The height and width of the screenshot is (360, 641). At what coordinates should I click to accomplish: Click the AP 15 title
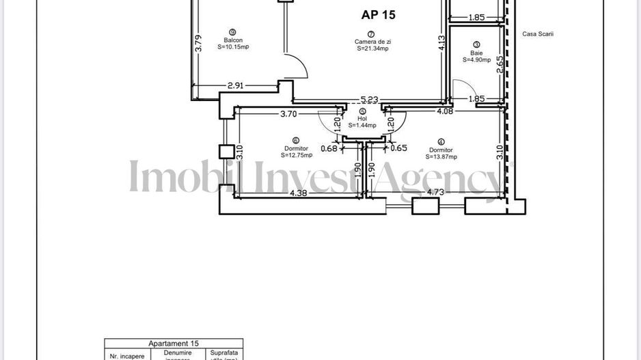tap(378, 14)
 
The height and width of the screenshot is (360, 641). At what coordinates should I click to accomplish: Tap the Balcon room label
tap(232, 40)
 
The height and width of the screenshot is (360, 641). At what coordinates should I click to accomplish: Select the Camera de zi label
tap(372, 42)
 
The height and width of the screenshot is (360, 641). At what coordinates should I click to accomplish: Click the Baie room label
tap(476, 53)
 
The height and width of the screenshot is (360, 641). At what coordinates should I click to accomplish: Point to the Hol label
tap(362, 118)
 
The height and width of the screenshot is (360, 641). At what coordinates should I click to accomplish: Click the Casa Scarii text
tap(537, 34)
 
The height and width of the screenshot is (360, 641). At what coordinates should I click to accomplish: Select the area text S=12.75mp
tap(297, 155)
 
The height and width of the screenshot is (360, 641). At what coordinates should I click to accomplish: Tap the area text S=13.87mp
tap(441, 156)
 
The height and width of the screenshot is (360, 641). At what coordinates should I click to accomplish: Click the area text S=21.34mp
tap(372, 49)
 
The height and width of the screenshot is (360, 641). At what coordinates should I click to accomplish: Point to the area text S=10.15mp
tap(232, 48)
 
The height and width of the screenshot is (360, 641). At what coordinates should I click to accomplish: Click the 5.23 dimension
tap(369, 100)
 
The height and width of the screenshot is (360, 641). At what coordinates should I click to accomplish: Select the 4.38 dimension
tap(299, 193)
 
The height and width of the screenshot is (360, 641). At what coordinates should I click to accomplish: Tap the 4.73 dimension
tap(436, 192)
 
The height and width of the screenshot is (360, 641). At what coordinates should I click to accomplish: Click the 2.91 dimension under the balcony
tap(236, 85)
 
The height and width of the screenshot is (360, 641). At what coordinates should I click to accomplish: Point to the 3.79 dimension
tap(198, 44)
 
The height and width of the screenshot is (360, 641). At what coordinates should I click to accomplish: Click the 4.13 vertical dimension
tap(442, 43)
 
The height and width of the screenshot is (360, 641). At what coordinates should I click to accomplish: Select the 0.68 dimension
tap(329, 148)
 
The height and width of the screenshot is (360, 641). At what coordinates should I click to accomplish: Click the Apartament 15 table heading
tap(174, 344)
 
